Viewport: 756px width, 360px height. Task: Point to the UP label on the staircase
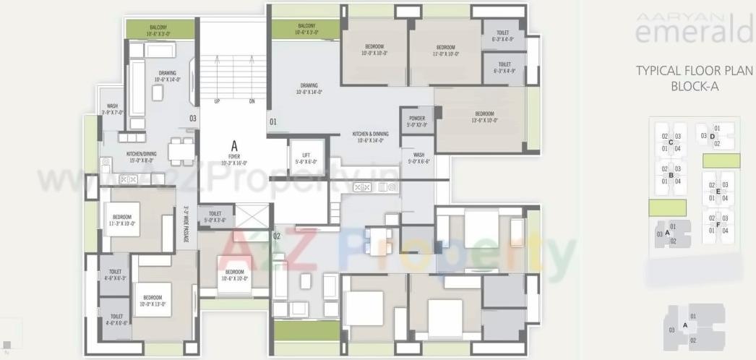click(217, 101)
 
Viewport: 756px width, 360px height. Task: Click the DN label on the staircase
click(252, 101)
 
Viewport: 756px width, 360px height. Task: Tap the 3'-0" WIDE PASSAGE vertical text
click(186, 226)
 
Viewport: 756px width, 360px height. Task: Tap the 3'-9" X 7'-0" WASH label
click(112, 109)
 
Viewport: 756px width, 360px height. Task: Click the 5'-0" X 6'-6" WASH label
click(418, 158)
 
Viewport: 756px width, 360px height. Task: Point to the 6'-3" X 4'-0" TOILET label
click(503, 35)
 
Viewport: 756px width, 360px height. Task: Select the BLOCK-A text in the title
click(694, 87)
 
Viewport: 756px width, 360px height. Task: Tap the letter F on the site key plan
click(718, 225)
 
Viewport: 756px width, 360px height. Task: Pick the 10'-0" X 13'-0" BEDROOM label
click(152, 301)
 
